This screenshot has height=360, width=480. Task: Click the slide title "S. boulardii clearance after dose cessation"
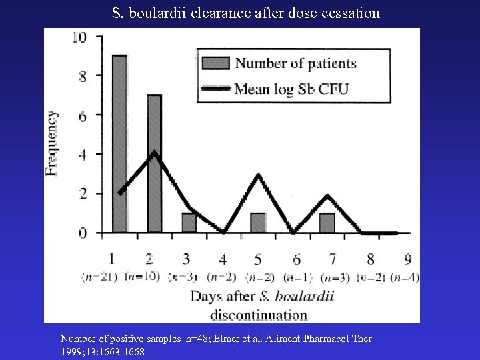246,13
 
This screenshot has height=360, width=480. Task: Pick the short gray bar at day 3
189,223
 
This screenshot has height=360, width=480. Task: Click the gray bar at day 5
258,223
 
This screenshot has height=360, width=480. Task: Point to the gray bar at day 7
327,223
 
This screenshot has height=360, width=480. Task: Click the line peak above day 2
155,153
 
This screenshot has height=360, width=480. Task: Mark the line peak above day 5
258,175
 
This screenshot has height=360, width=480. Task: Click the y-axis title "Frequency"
52,143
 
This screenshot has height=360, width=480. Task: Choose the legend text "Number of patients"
296,64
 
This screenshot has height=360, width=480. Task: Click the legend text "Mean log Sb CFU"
292,88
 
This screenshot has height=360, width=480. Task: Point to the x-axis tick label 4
223,259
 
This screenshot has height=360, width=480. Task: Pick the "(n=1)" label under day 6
298,277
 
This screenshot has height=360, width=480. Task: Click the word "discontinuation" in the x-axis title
259,315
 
